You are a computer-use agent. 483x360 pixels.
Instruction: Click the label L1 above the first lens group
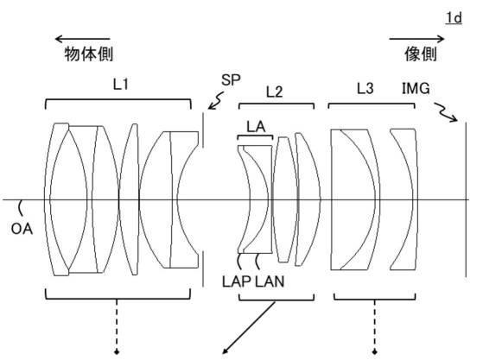(120, 84)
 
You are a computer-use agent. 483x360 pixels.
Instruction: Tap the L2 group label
(274, 92)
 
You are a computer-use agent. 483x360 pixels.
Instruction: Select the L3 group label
(365, 89)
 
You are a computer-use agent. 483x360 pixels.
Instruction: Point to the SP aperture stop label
(231, 80)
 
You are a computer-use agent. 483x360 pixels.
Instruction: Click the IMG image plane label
(416, 88)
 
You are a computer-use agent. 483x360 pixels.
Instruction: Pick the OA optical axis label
(22, 229)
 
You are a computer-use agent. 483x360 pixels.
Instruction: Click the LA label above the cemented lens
(256, 126)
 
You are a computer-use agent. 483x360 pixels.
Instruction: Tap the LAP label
(236, 281)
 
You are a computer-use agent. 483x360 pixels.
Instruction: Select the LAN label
(270, 281)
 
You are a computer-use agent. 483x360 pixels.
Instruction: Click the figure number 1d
(454, 18)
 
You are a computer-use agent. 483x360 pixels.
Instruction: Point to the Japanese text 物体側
(89, 54)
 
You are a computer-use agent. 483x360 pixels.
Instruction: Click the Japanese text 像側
(421, 54)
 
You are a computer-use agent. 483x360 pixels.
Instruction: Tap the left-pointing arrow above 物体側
(83, 39)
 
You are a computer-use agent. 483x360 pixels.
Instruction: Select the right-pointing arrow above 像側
(416, 39)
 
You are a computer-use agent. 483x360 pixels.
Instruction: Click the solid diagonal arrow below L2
(249, 327)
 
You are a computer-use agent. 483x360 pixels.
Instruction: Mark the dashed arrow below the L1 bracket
(117, 327)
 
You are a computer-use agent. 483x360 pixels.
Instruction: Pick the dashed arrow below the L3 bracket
(375, 327)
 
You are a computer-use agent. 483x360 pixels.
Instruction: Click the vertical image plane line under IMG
(466, 199)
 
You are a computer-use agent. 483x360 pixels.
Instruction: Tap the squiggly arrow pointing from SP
(216, 101)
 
